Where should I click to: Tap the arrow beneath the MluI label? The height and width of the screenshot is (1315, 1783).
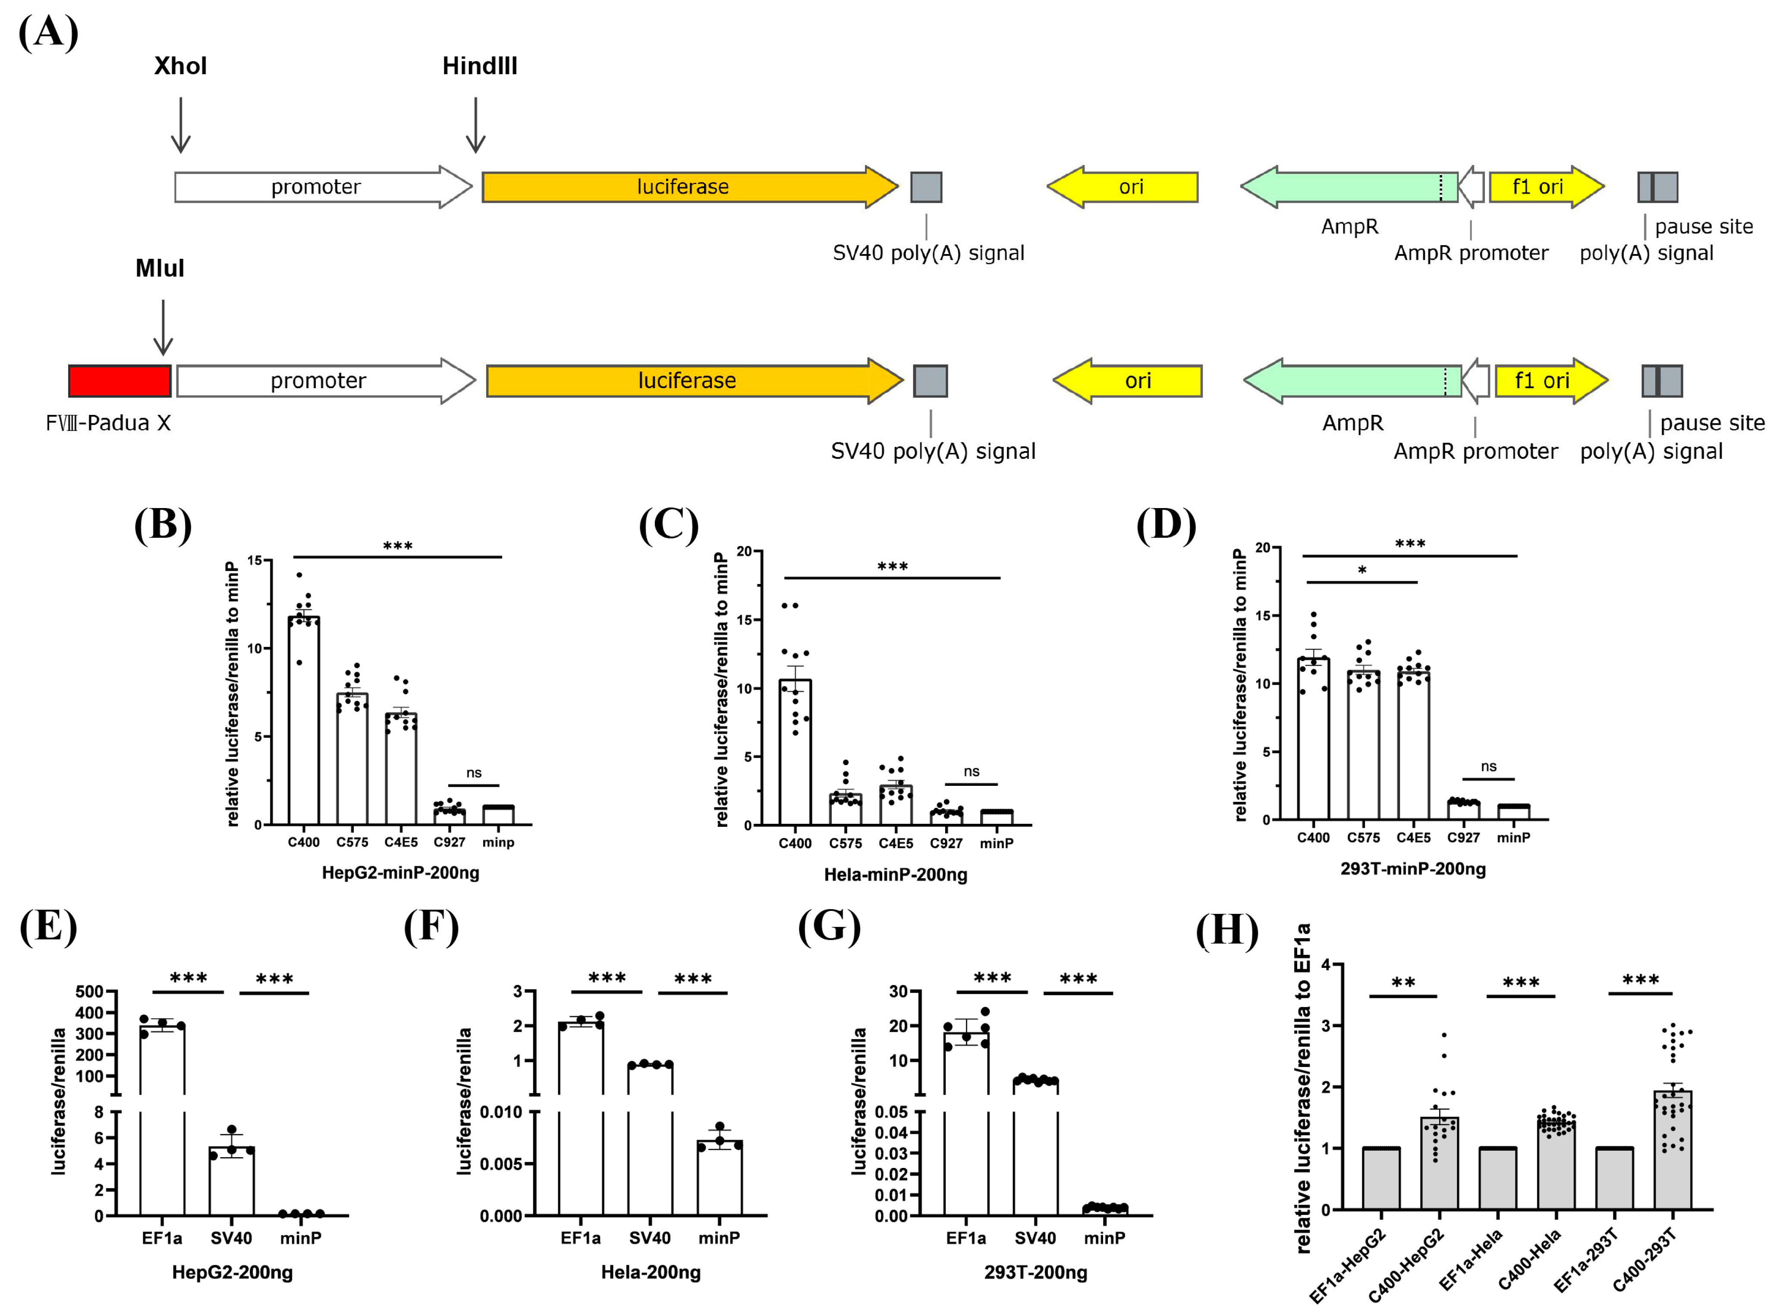click(x=163, y=327)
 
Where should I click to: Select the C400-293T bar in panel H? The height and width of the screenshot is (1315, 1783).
click(x=1673, y=1150)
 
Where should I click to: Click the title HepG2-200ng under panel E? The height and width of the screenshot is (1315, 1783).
click(x=233, y=1272)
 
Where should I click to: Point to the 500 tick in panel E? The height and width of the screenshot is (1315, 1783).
click(x=89, y=992)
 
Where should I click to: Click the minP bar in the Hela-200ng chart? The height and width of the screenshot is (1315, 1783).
click(x=720, y=1179)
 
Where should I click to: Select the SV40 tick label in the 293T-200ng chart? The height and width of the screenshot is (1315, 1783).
click(x=1035, y=1238)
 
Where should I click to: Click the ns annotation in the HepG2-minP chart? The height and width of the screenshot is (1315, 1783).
click(x=474, y=773)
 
